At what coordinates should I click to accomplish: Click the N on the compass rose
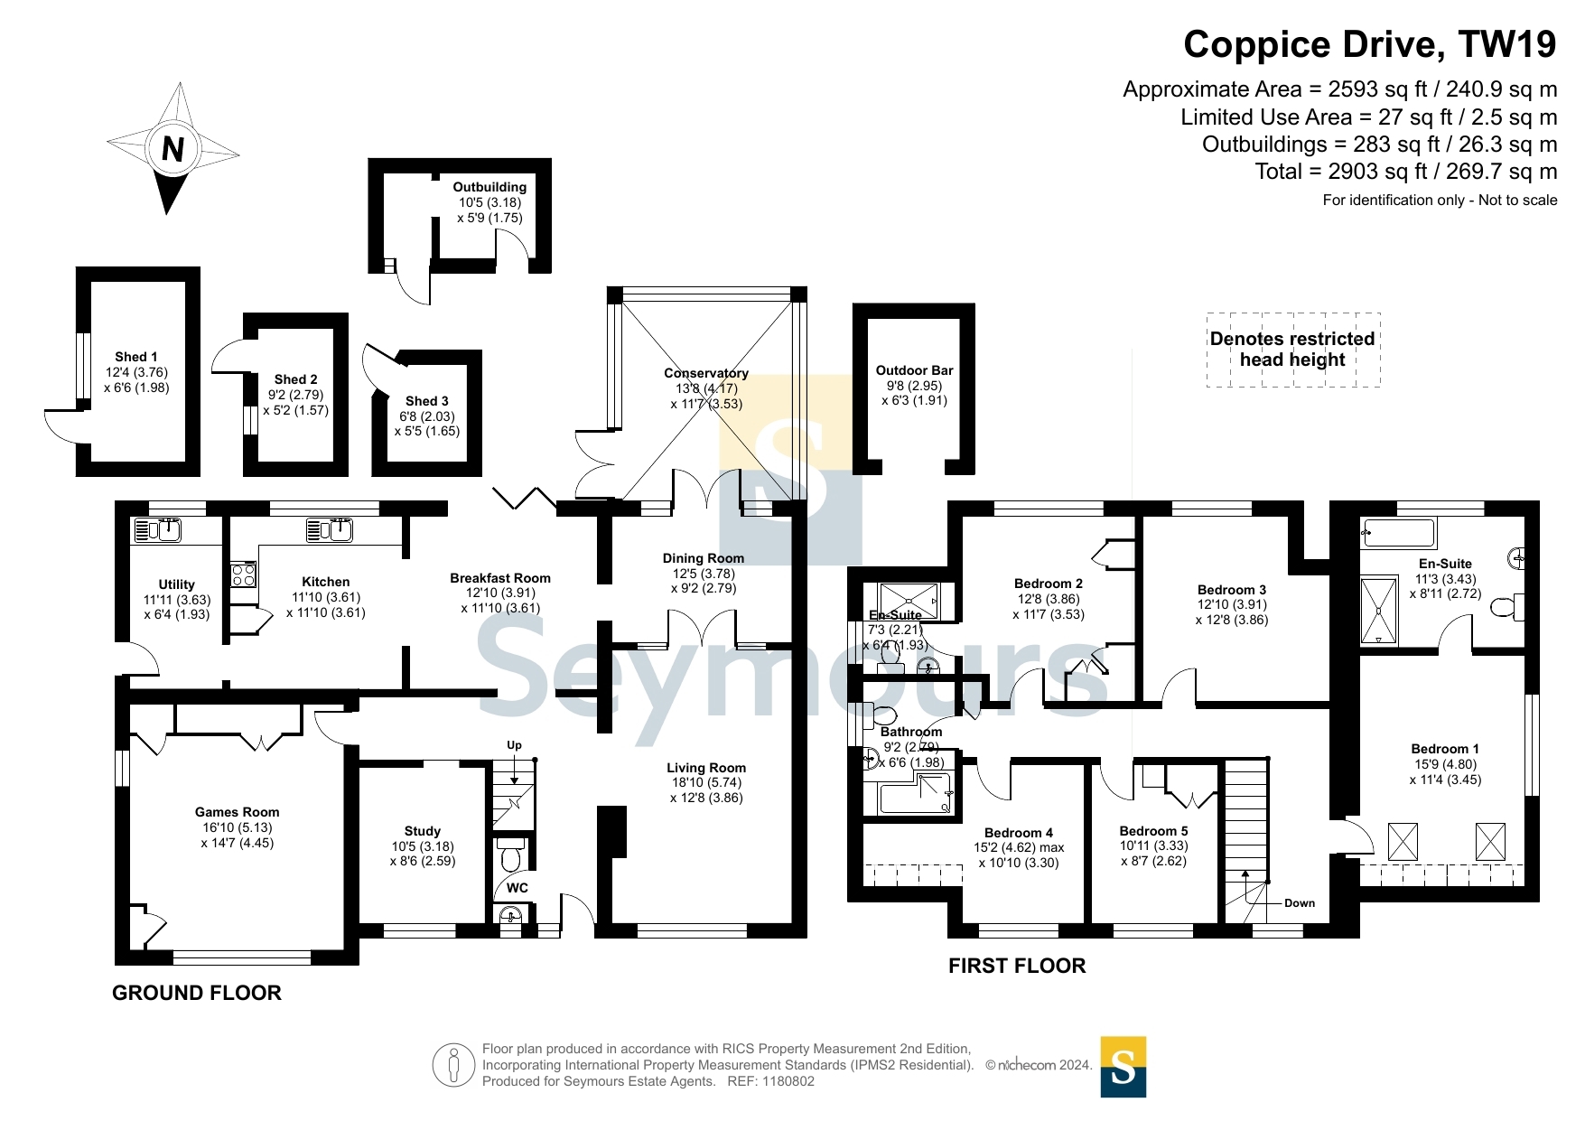click(x=172, y=148)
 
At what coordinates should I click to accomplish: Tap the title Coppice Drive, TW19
click(x=1370, y=44)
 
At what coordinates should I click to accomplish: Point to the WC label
click(x=517, y=888)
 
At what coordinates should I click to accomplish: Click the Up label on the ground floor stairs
click(x=514, y=745)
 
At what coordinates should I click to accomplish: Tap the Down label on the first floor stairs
click(x=1300, y=903)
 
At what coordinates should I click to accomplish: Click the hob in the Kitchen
click(x=244, y=575)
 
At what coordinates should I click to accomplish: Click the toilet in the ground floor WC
click(x=511, y=854)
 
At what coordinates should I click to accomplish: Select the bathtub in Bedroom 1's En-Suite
click(x=1398, y=533)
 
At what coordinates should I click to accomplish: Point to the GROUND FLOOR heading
click(x=197, y=993)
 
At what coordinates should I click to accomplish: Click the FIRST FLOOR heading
click(x=1017, y=966)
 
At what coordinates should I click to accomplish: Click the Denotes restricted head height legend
click(x=1292, y=350)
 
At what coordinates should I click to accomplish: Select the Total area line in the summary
click(x=1406, y=172)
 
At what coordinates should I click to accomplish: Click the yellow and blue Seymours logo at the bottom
click(x=1123, y=1067)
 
